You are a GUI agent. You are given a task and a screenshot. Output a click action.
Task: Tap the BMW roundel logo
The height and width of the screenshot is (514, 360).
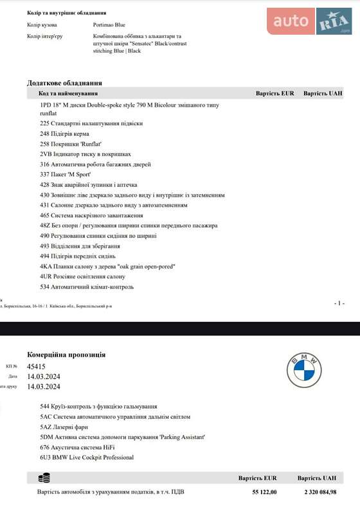[x=303, y=371]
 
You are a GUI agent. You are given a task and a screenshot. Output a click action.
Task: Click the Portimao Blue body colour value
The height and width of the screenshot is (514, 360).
[x=109, y=25]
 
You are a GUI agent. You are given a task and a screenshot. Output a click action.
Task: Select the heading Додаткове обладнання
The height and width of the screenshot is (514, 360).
[x=64, y=83]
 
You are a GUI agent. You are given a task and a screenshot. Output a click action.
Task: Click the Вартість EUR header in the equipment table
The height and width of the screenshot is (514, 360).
[x=274, y=93]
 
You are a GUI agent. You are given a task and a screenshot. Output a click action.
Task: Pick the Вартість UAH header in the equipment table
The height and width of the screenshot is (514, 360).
[x=323, y=93]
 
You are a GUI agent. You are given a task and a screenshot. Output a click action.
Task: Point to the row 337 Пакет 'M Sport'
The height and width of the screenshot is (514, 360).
[x=66, y=174]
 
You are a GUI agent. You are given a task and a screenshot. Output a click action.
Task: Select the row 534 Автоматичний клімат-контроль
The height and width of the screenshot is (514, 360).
[x=87, y=287]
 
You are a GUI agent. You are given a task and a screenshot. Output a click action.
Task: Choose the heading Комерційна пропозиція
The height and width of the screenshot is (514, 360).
[x=66, y=355]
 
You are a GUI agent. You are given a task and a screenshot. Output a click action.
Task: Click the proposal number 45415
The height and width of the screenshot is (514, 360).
[x=36, y=366]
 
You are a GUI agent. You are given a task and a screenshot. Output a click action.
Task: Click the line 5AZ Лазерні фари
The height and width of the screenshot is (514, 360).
[x=64, y=427]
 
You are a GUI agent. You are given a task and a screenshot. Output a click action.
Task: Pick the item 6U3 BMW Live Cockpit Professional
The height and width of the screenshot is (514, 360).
[x=87, y=457]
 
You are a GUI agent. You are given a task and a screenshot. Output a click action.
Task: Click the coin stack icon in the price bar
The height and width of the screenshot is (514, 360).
[x=44, y=478]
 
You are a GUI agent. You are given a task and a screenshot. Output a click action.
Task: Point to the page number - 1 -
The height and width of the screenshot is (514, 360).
[x=339, y=303]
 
